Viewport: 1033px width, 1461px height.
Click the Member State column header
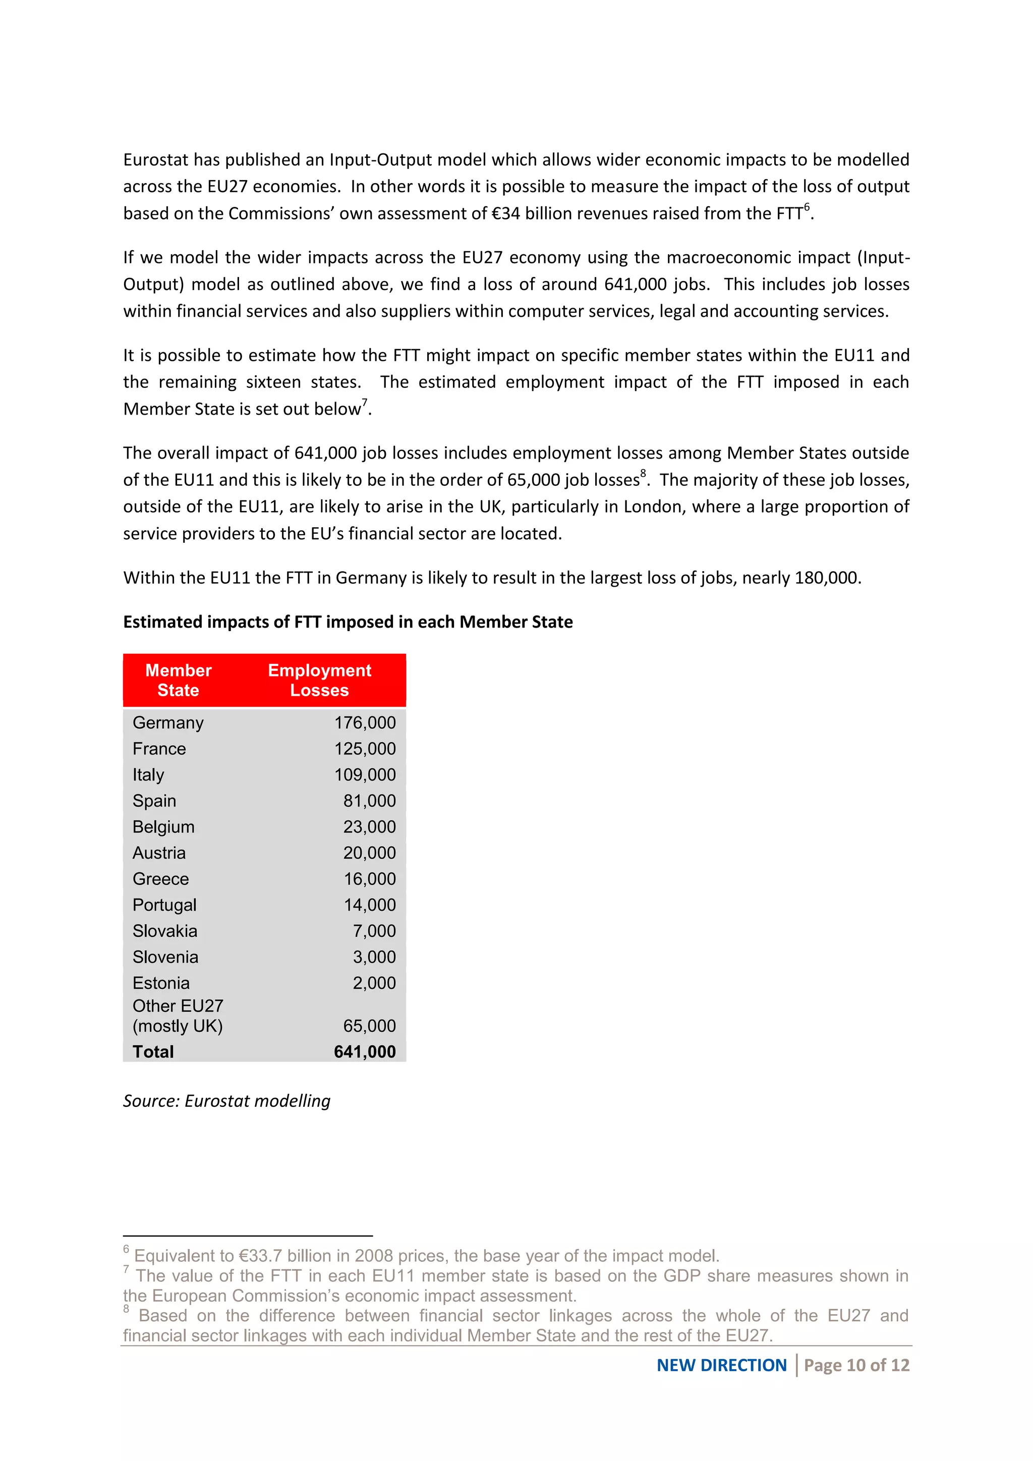point(178,680)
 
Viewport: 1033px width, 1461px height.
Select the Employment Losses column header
point(319,680)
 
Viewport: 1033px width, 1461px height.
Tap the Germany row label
point(168,723)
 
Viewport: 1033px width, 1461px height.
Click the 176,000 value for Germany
point(365,723)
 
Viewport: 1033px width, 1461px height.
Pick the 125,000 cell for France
point(365,749)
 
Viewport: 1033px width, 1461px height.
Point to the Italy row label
point(148,775)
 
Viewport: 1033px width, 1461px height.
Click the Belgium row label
point(163,827)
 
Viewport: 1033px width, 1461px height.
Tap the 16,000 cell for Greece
point(370,879)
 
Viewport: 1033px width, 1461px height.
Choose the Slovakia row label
point(165,932)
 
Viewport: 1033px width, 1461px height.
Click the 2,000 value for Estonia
point(374,984)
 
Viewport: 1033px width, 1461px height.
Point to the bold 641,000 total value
point(365,1052)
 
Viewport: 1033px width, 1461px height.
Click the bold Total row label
point(153,1052)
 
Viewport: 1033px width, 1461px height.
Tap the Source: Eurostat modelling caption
point(226,1101)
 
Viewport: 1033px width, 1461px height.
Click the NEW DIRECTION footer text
point(721,1366)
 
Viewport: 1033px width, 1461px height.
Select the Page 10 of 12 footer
point(856,1366)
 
